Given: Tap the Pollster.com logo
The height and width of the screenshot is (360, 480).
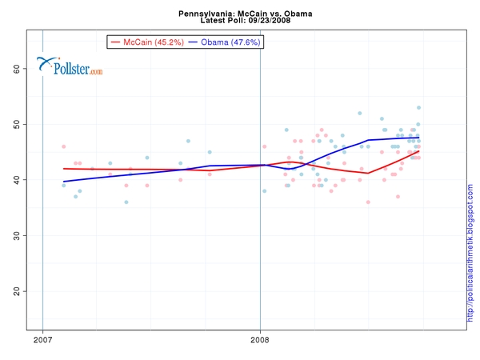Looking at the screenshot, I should coord(71,68).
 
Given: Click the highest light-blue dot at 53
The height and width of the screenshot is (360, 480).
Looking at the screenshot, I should coord(418,108).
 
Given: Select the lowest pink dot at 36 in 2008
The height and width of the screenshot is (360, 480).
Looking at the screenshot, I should coord(368,202).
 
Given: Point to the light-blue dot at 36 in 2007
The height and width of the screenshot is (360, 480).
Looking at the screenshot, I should coord(126,202).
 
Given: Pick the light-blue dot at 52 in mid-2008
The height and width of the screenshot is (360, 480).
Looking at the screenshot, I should coord(360,114).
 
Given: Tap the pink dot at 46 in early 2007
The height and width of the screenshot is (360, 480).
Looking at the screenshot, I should coord(64,146).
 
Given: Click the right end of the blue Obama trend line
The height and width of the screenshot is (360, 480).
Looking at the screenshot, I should coord(418,138).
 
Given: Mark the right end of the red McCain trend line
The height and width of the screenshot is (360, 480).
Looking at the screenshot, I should coord(418,151).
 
